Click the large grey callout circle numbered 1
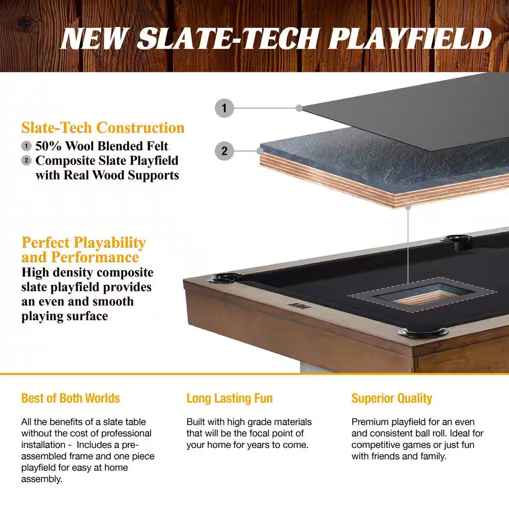point(224,108)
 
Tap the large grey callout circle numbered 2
point(224,151)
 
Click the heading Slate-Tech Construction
point(103,128)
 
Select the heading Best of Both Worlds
point(70,398)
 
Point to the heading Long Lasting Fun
point(230,398)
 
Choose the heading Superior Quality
point(391,398)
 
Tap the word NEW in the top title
point(95,39)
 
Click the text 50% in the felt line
point(49,147)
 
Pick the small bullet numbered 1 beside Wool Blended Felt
point(26,147)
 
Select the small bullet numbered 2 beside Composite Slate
point(26,161)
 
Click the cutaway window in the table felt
point(420,295)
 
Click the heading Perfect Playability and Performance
point(83,249)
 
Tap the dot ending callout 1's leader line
point(299,108)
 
